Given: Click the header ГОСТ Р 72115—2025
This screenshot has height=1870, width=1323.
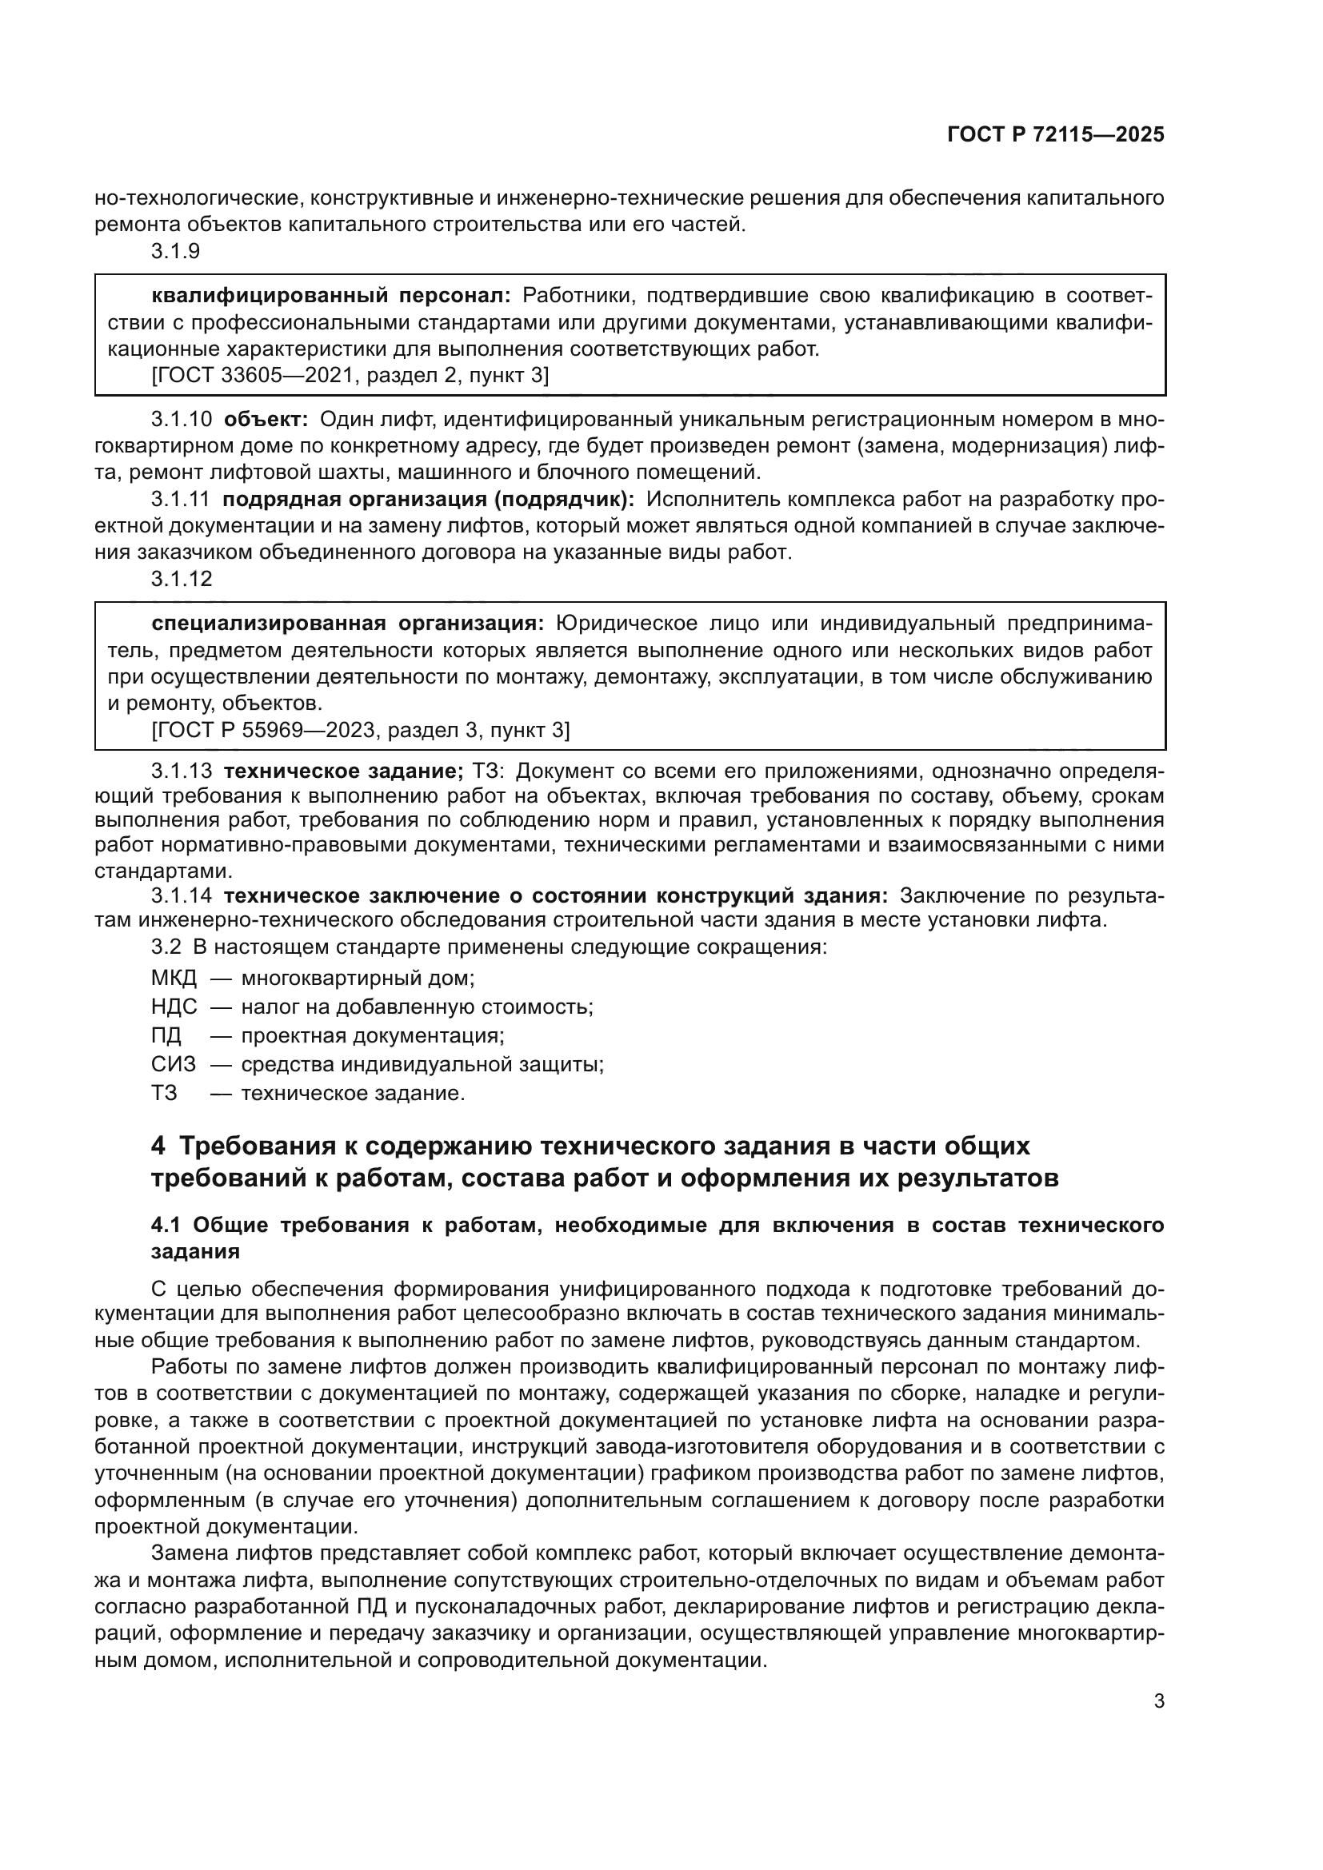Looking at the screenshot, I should click(1055, 135).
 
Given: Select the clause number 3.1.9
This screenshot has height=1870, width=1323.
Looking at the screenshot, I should click(175, 252).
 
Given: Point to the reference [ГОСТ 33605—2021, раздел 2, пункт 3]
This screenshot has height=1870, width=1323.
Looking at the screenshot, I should click(350, 376).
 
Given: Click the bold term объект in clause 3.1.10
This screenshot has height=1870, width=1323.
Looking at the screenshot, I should click(266, 420).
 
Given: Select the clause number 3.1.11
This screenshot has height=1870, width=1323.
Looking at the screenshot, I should click(180, 499).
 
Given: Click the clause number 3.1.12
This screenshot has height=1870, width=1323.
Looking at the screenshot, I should click(181, 579).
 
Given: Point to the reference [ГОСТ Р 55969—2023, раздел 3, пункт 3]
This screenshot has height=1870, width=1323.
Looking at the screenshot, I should click(361, 730).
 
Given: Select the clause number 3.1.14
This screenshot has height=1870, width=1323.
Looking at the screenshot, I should click(181, 896).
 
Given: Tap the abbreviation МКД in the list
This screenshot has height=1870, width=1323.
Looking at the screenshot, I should click(174, 977).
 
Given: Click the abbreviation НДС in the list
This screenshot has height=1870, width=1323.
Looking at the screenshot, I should click(174, 1007).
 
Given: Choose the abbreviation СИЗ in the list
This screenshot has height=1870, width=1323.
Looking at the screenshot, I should click(173, 1064).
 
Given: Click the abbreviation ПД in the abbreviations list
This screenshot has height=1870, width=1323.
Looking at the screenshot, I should click(166, 1036).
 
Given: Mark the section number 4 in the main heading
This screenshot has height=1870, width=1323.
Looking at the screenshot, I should click(158, 1146).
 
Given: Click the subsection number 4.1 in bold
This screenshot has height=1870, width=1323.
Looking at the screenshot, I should click(168, 1226).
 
